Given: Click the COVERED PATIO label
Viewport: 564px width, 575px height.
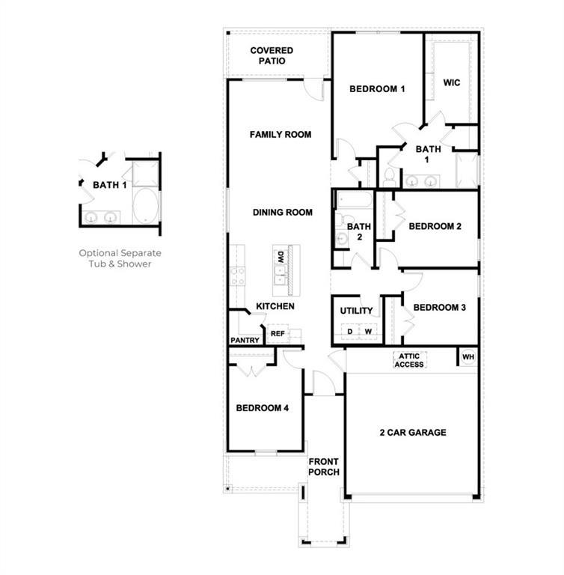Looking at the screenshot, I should click(x=272, y=55).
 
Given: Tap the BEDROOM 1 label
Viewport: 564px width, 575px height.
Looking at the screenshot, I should click(x=377, y=89).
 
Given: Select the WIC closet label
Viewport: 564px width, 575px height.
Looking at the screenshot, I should click(x=451, y=82).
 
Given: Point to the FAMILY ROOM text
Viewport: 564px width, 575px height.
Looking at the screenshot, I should click(x=280, y=135).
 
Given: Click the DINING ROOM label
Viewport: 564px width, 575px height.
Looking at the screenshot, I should click(x=282, y=213).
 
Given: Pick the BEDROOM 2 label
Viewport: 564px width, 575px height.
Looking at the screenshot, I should click(x=435, y=226).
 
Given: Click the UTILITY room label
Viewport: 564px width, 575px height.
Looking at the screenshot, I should click(x=356, y=311).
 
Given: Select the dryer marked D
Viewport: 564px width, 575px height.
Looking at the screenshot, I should click(x=349, y=331).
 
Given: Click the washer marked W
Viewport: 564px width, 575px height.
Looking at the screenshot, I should click(x=368, y=331).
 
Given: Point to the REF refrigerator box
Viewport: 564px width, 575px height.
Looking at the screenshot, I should click(x=277, y=334).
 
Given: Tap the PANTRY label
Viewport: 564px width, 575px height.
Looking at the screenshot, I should click(x=245, y=341).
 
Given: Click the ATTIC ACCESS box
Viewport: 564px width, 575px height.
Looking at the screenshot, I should click(x=409, y=360).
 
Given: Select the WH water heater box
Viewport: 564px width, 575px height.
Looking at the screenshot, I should click(x=468, y=357).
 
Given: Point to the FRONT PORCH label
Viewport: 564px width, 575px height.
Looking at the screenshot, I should click(x=324, y=466).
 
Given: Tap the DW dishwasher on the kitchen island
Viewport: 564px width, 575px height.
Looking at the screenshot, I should click(x=281, y=257).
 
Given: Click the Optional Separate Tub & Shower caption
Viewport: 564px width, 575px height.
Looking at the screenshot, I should click(x=120, y=258).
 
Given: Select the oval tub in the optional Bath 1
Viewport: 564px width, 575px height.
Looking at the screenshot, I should click(x=145, y=206).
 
